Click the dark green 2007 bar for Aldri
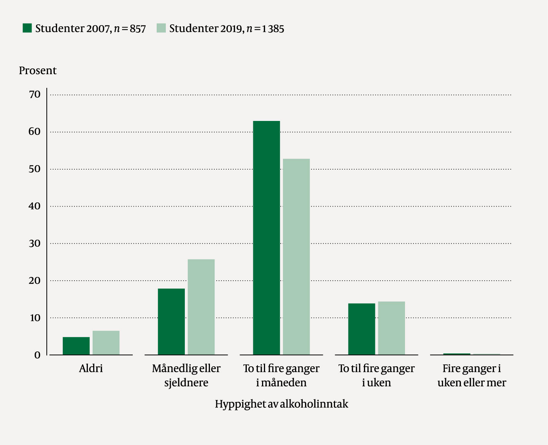click(76, 346)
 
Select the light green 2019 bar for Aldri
click(106, 343)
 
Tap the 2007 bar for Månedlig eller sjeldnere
click(171, 321)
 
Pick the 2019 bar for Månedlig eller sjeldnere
click(201, 307)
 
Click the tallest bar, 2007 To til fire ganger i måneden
click(266, 238)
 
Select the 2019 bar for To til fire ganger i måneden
click(296, 257)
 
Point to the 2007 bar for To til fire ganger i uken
click(362, 329)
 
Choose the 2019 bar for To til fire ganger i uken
click(391, 328)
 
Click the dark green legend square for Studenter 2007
click(27, 28)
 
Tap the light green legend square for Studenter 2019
click(161, 28)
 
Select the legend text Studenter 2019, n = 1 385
click(227, 29)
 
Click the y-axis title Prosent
click(38, 71)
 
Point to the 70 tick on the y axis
click(35, 94)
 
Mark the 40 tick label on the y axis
click(35, 206)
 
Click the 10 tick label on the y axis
click(35, 318)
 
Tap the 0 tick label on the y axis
click(37, 355)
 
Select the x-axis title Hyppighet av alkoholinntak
click(281, 404)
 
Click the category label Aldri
click(91, 369)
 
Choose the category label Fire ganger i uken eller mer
click(472, 375)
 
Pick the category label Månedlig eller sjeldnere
click(186, 375)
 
